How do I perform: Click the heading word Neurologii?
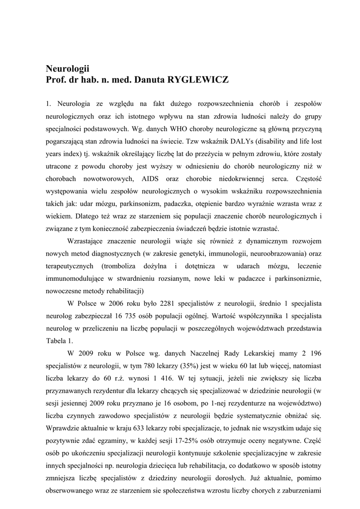pos(68,69)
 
